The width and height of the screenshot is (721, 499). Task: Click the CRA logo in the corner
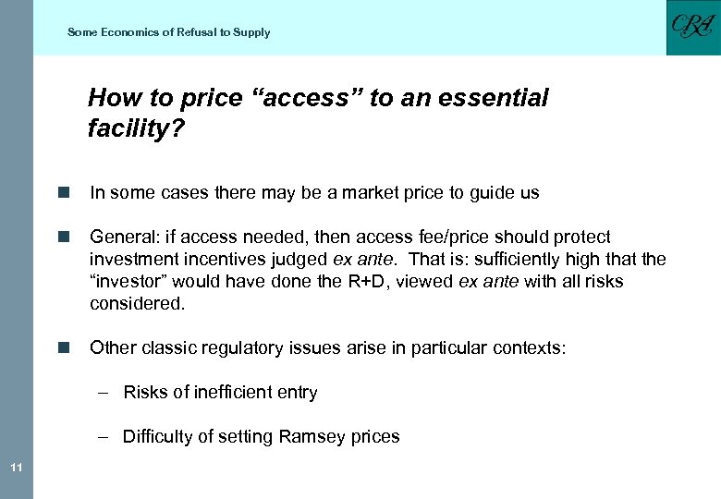click(692, 27)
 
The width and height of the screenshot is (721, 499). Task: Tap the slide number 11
click(17, 469)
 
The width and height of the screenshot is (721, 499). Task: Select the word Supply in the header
click(251, 32)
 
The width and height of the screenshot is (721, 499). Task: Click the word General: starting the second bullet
click(123, 237)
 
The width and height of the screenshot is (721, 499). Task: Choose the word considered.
click(137, 304)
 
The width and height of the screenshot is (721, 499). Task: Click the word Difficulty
click(159, 437)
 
